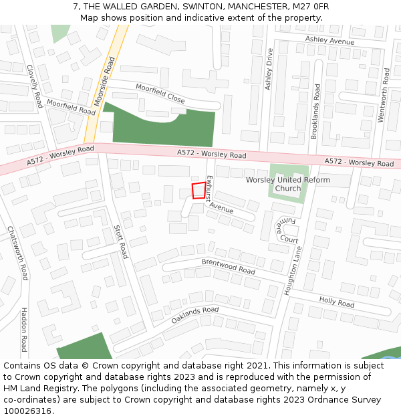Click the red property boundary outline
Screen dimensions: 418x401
tap(198, 191)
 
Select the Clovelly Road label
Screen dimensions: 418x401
tap(34, 86)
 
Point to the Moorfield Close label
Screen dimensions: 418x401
tap(160, 93)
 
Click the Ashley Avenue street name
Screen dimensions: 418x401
tap(329, 41)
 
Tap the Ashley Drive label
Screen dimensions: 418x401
tap(269, 69)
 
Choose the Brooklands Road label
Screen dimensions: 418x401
tap(315, 111)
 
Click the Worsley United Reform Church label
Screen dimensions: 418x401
tap(288, 184)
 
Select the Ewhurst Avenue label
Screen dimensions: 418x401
tap(218, 195)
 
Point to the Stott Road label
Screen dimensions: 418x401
tap(120, 241)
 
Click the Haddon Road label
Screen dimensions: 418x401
tap(24, 329)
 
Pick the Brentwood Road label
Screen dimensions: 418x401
tap(229, 267)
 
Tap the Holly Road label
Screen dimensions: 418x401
tap(337, 302)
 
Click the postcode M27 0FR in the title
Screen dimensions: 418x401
tap(306, 6)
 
